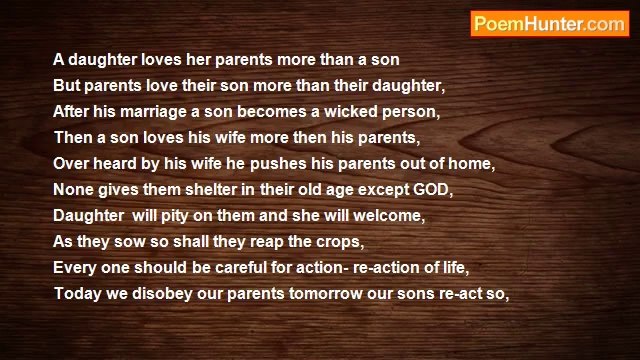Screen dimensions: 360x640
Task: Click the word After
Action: [x=73, y=108]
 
